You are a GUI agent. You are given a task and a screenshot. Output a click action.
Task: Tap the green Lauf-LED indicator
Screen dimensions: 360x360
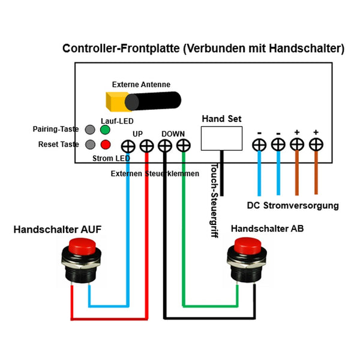tap(106, 130)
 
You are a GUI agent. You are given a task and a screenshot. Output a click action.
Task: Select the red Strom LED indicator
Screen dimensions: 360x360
tap(106, 145)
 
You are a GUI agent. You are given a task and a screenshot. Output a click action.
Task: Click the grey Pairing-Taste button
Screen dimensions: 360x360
tap(91, 130)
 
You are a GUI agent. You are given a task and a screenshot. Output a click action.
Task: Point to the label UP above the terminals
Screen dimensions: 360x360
tap(137, 133)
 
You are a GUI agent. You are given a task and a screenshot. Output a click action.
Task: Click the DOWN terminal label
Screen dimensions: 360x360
tap(173, 133)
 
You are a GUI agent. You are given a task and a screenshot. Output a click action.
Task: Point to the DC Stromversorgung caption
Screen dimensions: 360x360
tap(293, 205)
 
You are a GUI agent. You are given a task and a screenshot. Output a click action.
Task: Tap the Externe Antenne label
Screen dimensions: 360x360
tap(141, 85)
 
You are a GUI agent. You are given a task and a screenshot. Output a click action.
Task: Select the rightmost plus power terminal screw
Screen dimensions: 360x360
tap(316, 145)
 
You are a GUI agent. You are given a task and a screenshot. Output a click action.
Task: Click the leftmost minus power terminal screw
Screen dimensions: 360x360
tap(259, 145)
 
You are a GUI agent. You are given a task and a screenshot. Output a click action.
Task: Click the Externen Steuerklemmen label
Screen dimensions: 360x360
tap(155, 174)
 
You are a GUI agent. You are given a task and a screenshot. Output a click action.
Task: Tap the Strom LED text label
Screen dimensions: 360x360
tap(112, 158)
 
